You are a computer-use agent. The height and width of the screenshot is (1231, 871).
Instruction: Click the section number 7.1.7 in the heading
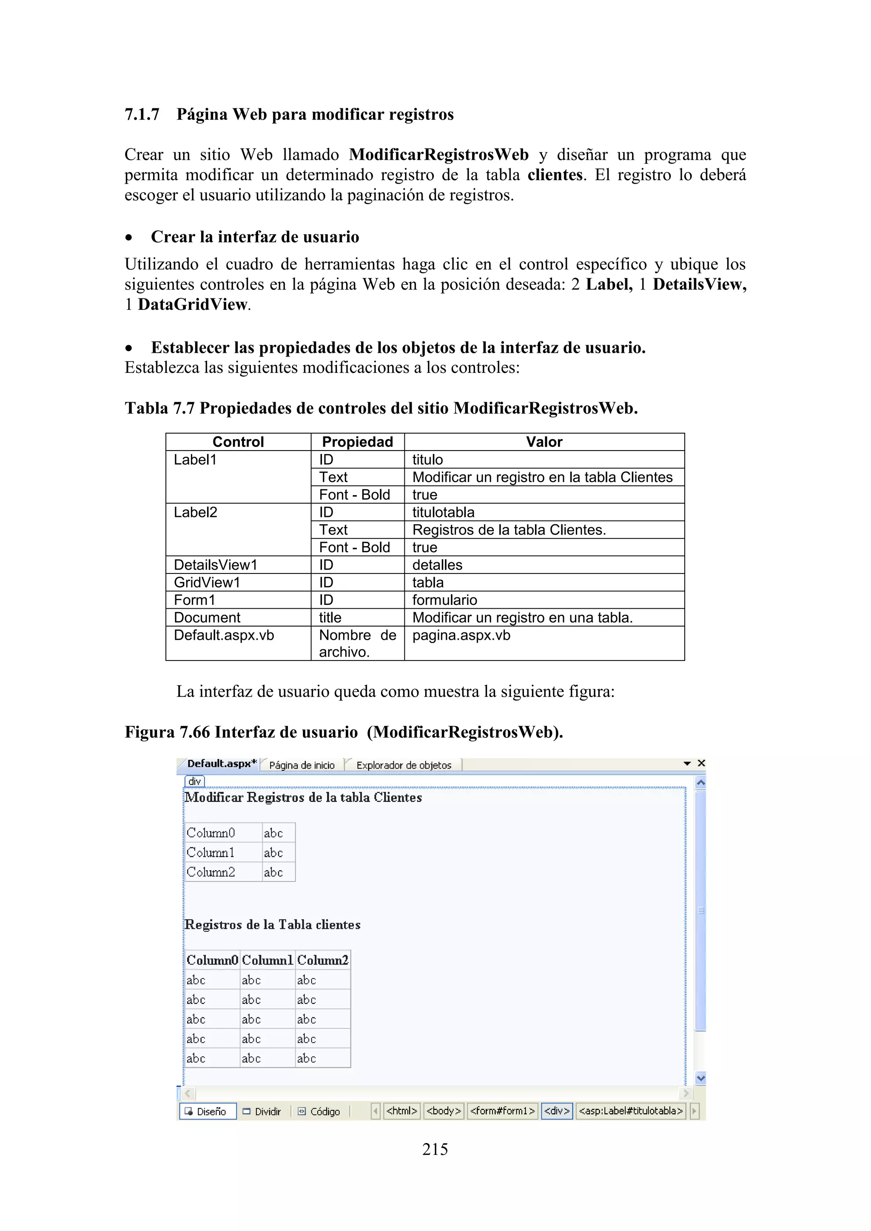click(x=142, y=115)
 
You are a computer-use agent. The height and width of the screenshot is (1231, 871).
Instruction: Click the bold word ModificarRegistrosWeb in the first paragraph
click(x=438, y=155)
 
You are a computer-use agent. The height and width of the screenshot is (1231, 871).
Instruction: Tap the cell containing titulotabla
click(x=443, y=512)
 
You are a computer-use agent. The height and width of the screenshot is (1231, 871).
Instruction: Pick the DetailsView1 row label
click(x=216, y=564)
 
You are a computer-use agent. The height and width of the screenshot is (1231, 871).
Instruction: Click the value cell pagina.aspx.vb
click(x=461, y=635)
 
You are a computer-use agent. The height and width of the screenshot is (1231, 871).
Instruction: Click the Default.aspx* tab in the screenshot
click(x=221, y=763)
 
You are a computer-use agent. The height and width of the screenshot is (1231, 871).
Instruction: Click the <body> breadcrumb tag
click(x=444, y=1111)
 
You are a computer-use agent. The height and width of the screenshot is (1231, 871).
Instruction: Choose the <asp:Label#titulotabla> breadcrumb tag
click(x=631, y=1111)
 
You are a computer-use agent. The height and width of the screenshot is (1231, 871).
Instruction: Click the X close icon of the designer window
click(x=701, y=763)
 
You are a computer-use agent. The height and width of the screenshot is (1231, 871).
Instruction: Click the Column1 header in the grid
click(x=267, y=960)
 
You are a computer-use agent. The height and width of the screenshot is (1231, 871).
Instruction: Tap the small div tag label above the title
click(x=195, y=781)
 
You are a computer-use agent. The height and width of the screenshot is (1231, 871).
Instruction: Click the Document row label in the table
click(x=207, y=618)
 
